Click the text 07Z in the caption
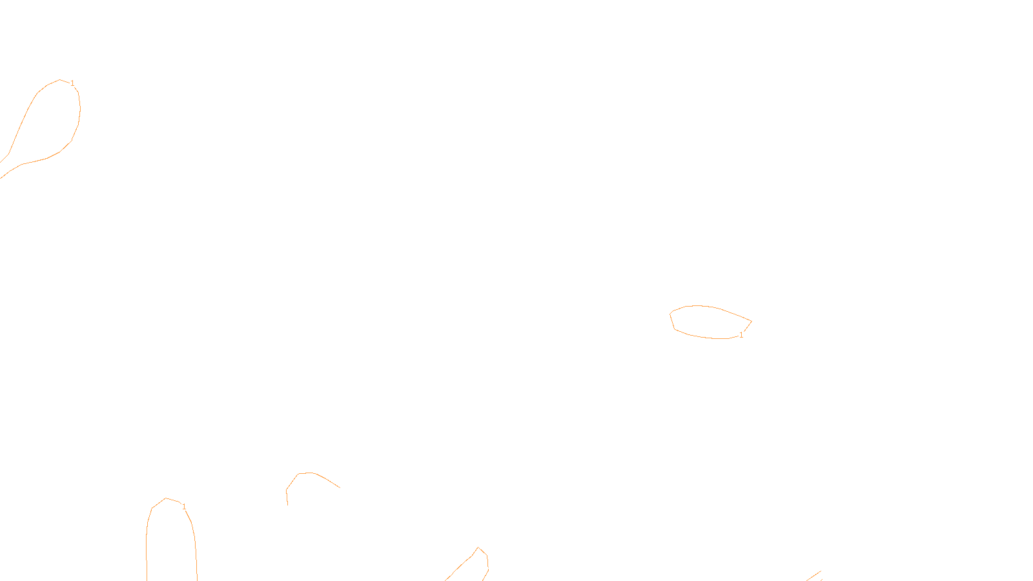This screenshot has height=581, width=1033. (489, 571)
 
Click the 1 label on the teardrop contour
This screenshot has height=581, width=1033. (72, 83)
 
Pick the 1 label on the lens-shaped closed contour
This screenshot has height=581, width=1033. (741, 335)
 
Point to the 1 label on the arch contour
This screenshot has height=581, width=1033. (184, 507)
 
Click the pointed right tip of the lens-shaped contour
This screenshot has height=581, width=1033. (751, 321)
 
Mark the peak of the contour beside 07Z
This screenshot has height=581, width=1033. (478, 548)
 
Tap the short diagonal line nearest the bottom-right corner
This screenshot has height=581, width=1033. (813, 576)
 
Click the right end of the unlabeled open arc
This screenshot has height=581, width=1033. (340, 487)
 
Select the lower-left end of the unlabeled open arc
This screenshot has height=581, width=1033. (287, 504)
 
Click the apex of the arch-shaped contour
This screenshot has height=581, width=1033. (167, 498)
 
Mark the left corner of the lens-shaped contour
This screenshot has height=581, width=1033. (671, 314)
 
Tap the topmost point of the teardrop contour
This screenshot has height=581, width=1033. (60, 80)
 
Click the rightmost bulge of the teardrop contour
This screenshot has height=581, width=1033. (80, 110)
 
